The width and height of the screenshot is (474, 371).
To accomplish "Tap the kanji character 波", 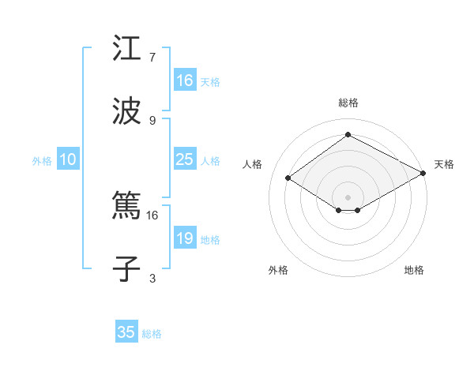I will (126, 111).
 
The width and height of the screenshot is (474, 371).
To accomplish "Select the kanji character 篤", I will (126, 207).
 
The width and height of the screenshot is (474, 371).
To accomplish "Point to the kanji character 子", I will (126, 268).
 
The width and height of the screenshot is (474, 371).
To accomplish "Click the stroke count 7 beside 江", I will (152, 58).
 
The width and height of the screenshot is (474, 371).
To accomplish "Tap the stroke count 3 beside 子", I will (152, 277).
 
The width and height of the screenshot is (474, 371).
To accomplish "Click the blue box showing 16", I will (184, 81).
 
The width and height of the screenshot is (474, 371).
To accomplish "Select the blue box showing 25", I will (184, 159).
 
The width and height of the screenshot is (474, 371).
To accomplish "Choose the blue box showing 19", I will (184, 238).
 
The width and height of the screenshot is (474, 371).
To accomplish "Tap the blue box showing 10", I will (68, 159).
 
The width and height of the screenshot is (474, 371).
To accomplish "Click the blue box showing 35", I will (126, 332).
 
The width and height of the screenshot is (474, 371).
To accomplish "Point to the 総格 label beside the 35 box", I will (152, 334).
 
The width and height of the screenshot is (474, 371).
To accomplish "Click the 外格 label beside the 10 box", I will (42, 161).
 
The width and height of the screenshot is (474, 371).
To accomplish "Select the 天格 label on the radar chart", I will (444, 164).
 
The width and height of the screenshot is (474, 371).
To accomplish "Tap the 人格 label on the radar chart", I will (253, 164).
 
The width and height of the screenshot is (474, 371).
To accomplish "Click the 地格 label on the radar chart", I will (414, 270).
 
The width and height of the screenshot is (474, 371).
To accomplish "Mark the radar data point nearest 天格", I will (424, 174).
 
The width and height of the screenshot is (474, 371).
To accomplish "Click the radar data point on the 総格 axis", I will (348, 134).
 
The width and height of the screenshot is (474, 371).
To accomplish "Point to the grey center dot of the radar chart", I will (348, 197).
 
